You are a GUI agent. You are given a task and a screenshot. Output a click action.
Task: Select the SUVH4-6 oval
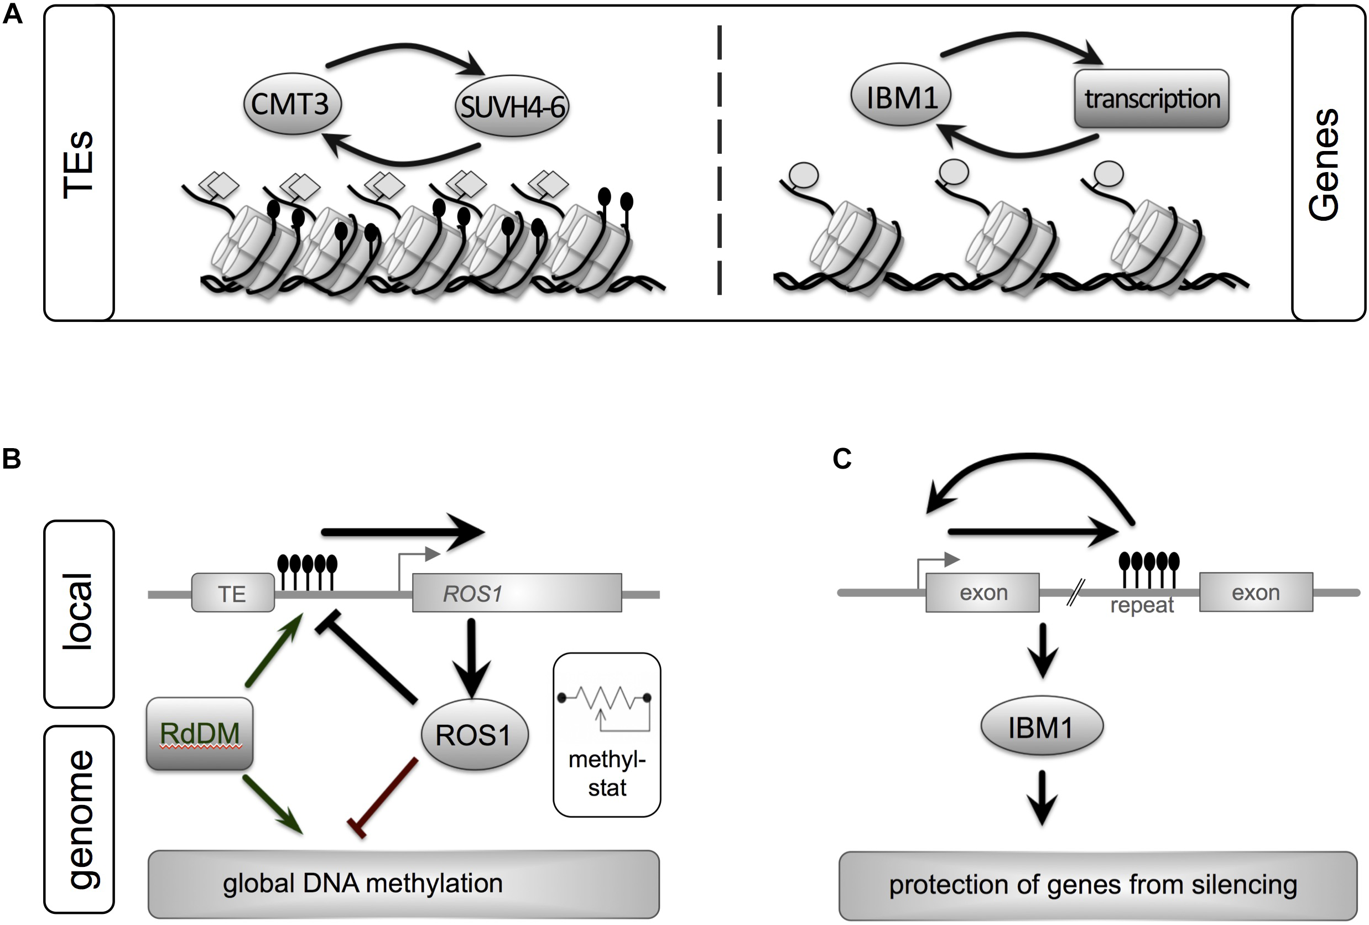point(511,107)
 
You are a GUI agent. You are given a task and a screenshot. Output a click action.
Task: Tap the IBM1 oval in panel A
point(900,96)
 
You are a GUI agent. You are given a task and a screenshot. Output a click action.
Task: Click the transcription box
point(1151,98)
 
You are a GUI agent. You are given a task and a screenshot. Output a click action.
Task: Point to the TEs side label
point(79,163)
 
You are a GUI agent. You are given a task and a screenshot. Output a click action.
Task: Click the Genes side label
point(1328,163)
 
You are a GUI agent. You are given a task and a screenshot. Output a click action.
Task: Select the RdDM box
point(200,733)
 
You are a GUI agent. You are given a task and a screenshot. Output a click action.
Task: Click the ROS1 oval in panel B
point(474,735)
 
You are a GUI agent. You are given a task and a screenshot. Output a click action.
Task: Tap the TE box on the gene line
point(233,593)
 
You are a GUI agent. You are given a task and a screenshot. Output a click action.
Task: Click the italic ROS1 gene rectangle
point(516,593)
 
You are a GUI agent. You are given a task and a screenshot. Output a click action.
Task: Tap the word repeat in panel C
point(1142,605)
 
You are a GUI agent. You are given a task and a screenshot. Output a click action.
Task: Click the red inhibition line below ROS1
point(386,797)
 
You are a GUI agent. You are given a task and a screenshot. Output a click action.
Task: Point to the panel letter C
point(842,459)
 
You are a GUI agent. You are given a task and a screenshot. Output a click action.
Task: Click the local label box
point(79,613)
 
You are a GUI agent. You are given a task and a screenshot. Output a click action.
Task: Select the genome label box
point(79,819)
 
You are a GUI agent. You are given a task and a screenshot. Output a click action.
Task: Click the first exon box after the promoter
point(982,593)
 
